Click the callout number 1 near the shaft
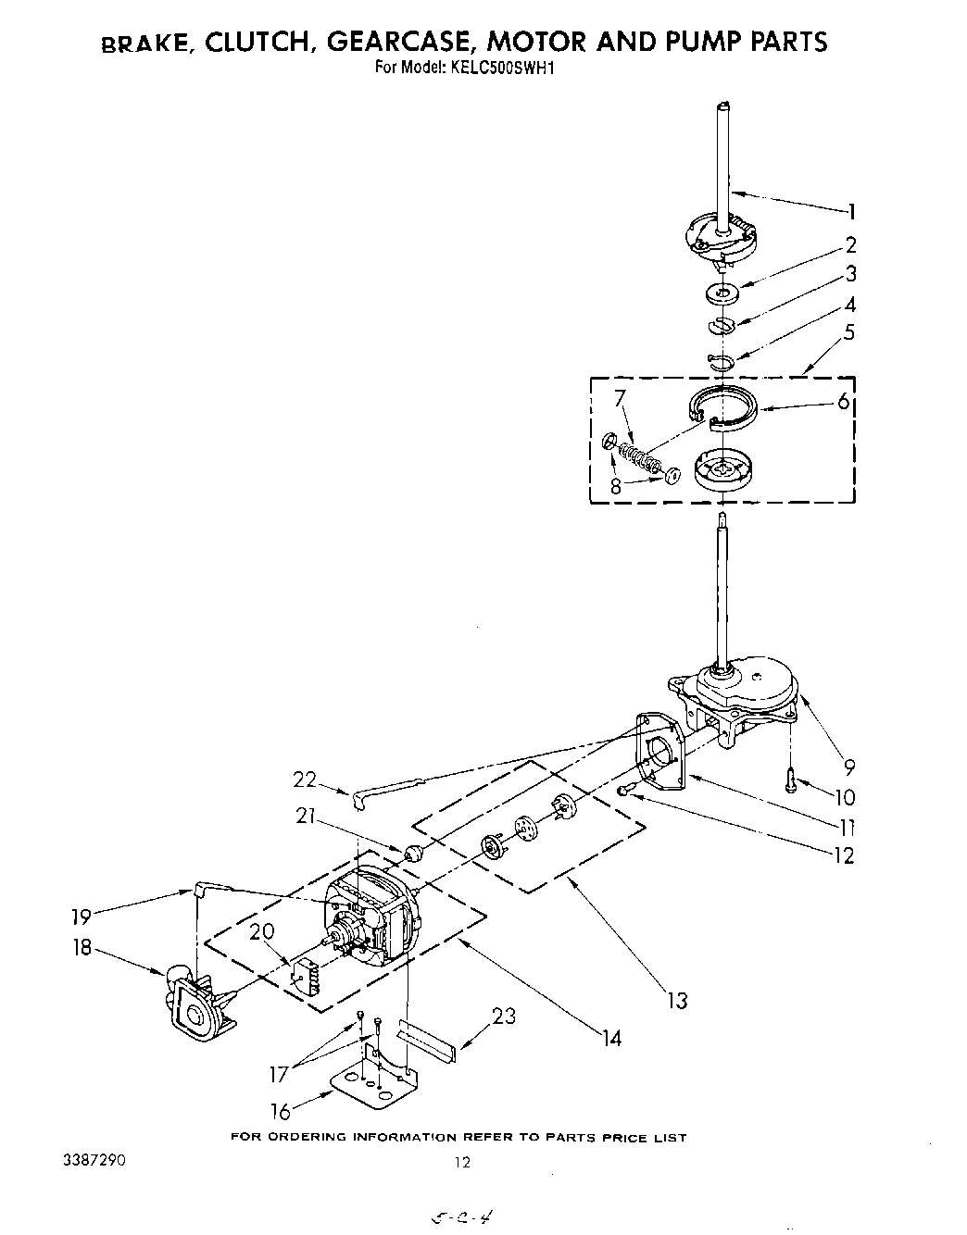point(851,212)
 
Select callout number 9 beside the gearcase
point(848,767)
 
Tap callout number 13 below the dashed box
point(678,1000)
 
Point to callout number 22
point(305,780)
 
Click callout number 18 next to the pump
point(82,949)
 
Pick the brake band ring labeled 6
point(725,407)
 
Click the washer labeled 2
point(722,294)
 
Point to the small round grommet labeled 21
point(414,852)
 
